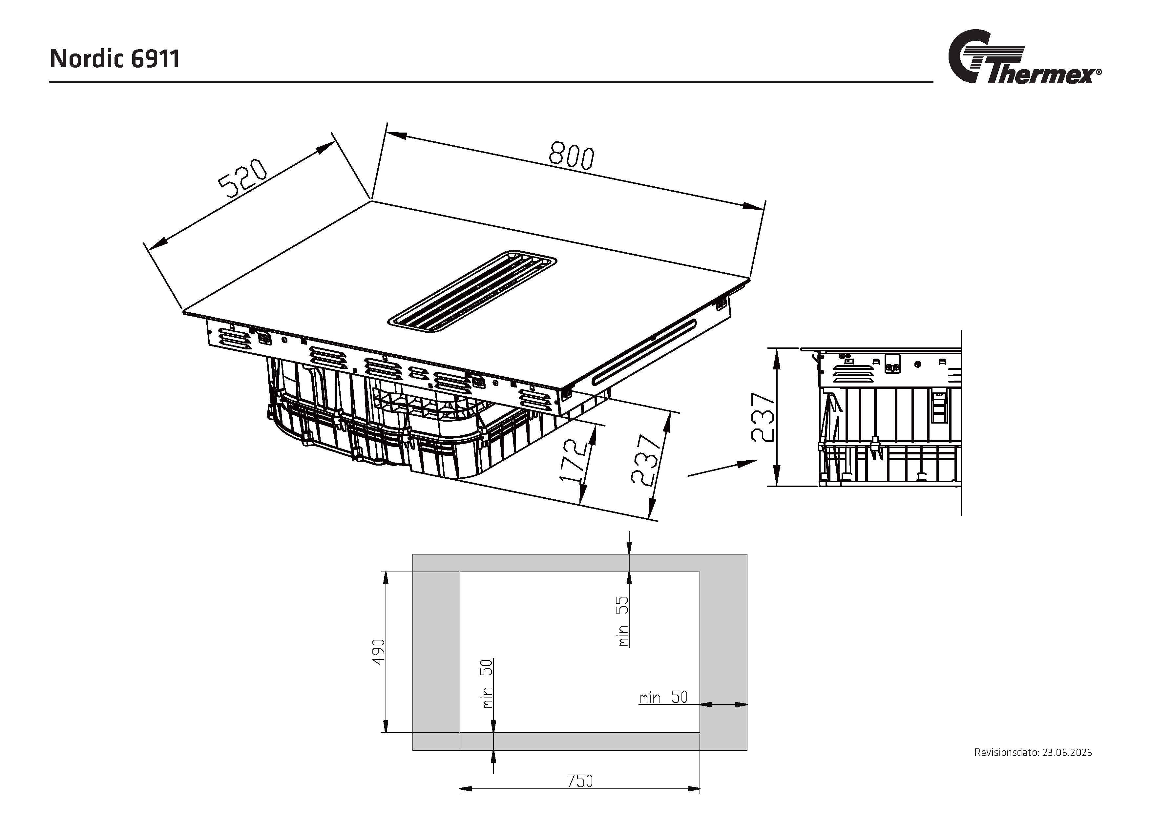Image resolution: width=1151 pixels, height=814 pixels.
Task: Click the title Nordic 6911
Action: (115, 59)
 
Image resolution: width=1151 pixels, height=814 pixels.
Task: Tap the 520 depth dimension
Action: (242, 178)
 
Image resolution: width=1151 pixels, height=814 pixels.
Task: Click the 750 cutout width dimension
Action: (580, 781)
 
